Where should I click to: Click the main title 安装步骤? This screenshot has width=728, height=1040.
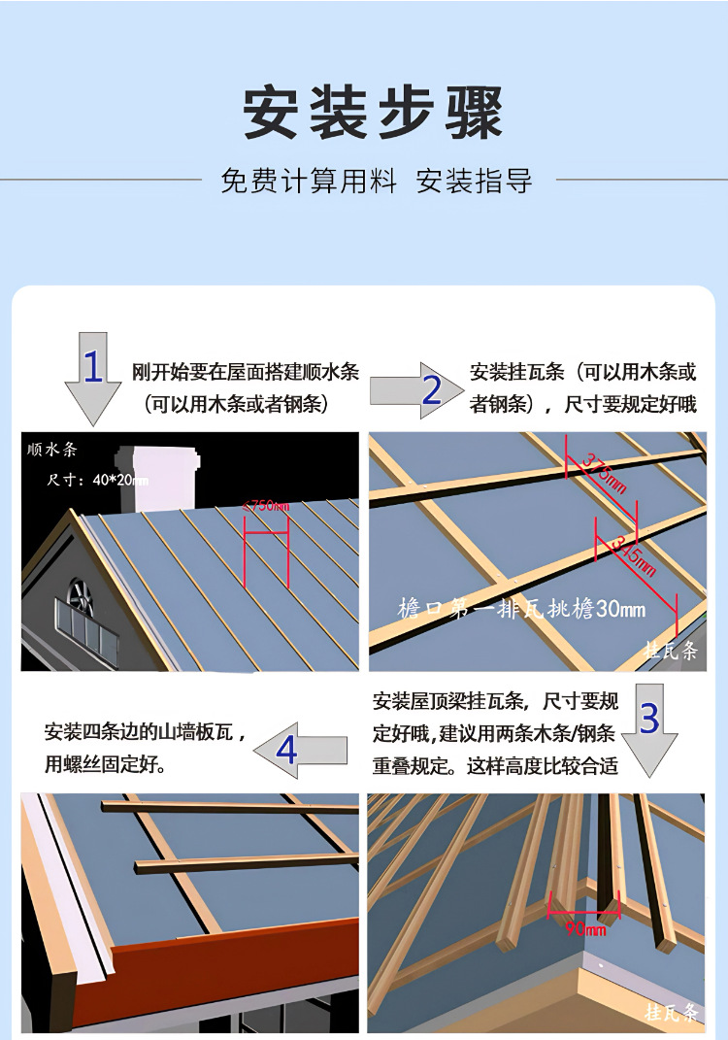click(373, 113)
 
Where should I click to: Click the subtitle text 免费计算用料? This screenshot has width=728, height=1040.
click(309, 181)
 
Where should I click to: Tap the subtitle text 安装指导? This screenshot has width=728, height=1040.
click(474, 181)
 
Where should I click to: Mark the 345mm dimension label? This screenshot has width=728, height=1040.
click(631, 558)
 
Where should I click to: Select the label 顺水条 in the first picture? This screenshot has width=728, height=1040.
click(52, 450)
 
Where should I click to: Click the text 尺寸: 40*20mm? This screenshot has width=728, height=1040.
click(97, 480)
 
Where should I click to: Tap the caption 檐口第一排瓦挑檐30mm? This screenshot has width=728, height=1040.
click(521, 610)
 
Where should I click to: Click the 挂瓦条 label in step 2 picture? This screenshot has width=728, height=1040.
click(671, 651)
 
